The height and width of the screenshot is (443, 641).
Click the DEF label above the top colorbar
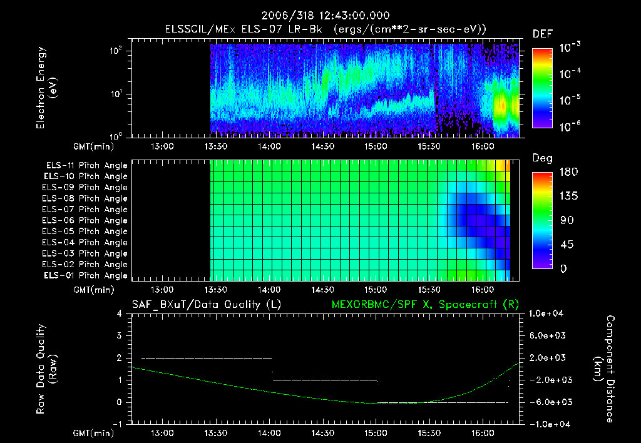[x=542, y=34]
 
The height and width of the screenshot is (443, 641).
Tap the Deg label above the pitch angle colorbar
[x=542, y=158]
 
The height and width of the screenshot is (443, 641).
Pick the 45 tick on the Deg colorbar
[x=568, y=245]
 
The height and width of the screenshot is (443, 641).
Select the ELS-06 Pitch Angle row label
[x=85, y=220]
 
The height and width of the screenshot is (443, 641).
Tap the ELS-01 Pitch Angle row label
[x=85, y=275]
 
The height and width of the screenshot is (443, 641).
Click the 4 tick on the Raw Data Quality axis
[x=120, y=313]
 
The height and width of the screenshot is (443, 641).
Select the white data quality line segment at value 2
[x=207, y=358]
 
